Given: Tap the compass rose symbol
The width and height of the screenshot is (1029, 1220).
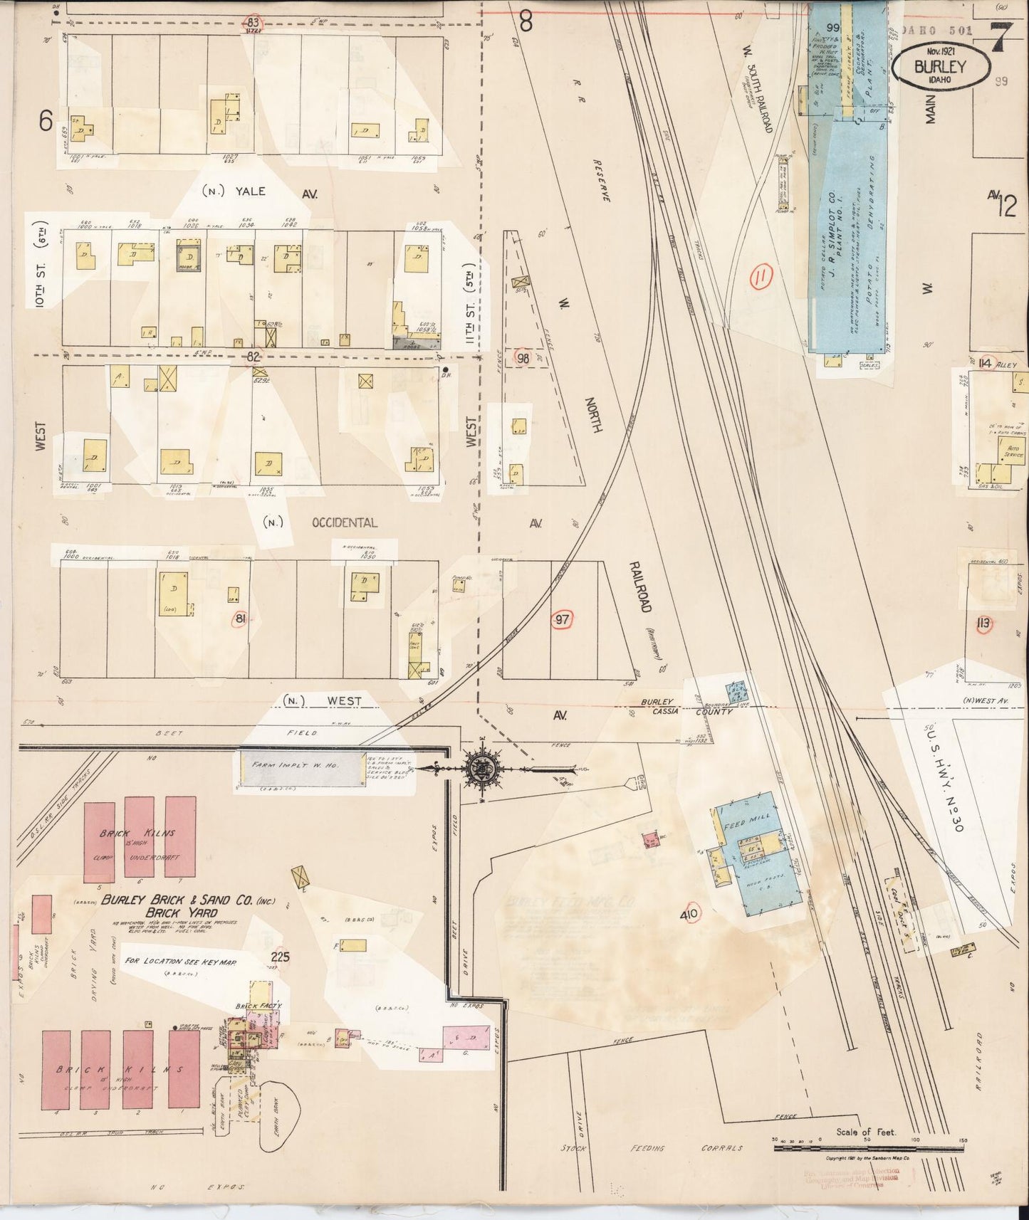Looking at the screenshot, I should (x=476, y=767).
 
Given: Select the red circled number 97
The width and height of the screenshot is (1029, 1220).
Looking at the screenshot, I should (x=562, y=619).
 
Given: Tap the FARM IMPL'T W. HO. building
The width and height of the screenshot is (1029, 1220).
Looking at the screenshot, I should (x=298, y=767).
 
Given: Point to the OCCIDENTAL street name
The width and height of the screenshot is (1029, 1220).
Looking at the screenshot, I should (x=344, y=522).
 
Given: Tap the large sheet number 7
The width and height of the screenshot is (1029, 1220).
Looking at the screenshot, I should (x=1003, y=37).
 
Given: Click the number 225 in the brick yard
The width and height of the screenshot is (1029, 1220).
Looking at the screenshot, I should (x=281, y=957).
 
